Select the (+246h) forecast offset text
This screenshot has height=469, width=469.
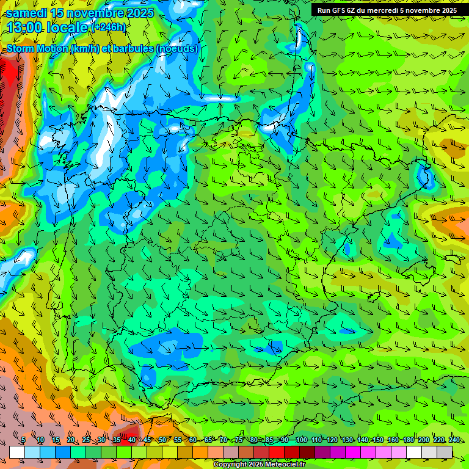108,27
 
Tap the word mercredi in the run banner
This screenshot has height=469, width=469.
384,10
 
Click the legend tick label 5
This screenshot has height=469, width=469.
23,440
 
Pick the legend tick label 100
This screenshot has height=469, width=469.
302,440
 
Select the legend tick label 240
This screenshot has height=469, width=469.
454,440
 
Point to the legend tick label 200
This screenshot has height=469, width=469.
423,440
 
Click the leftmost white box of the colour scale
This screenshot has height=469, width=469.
17,452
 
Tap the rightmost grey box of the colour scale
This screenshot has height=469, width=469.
445,452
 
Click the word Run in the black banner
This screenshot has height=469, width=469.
324,10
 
